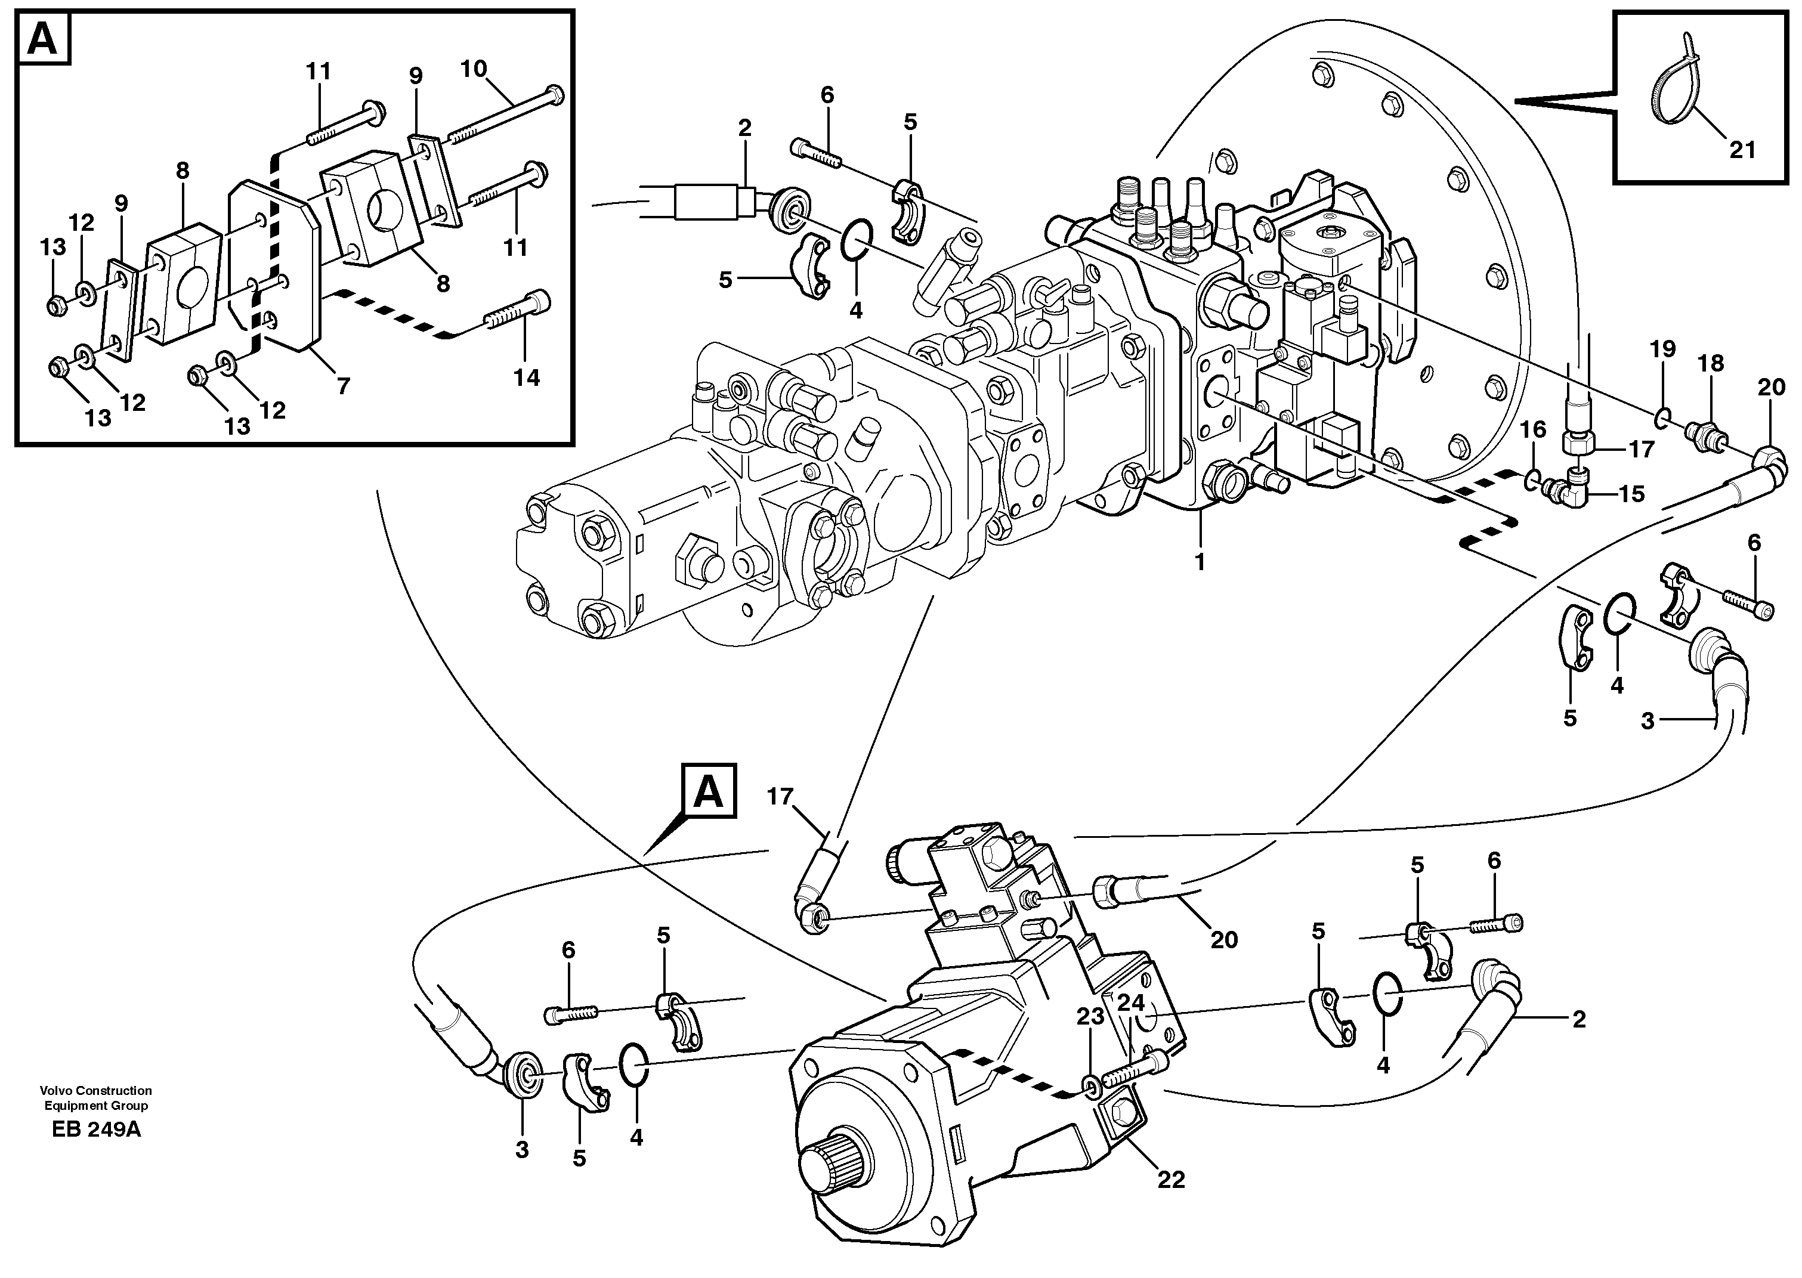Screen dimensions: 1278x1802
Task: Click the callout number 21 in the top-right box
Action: click(1742, 148)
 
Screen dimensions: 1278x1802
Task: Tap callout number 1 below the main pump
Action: click(1200, 562)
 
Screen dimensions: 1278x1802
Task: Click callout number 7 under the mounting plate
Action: click(343, 386)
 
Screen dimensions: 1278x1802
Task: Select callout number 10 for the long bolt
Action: click(474, 69)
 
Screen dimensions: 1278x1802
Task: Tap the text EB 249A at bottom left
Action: click(96, 1130)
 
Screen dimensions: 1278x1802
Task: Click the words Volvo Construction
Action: click(96, 1091)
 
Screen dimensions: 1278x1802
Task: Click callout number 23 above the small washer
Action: click(1090, 1017)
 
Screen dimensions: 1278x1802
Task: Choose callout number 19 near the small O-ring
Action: click(1662, 349)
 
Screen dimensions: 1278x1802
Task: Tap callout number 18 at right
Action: click(1711, 364)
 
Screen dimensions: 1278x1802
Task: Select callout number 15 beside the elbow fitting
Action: click(1632, 494)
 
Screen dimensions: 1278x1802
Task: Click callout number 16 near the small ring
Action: click(1533, 429)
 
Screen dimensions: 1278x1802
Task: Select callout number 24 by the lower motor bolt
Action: click(1131, 1002)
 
